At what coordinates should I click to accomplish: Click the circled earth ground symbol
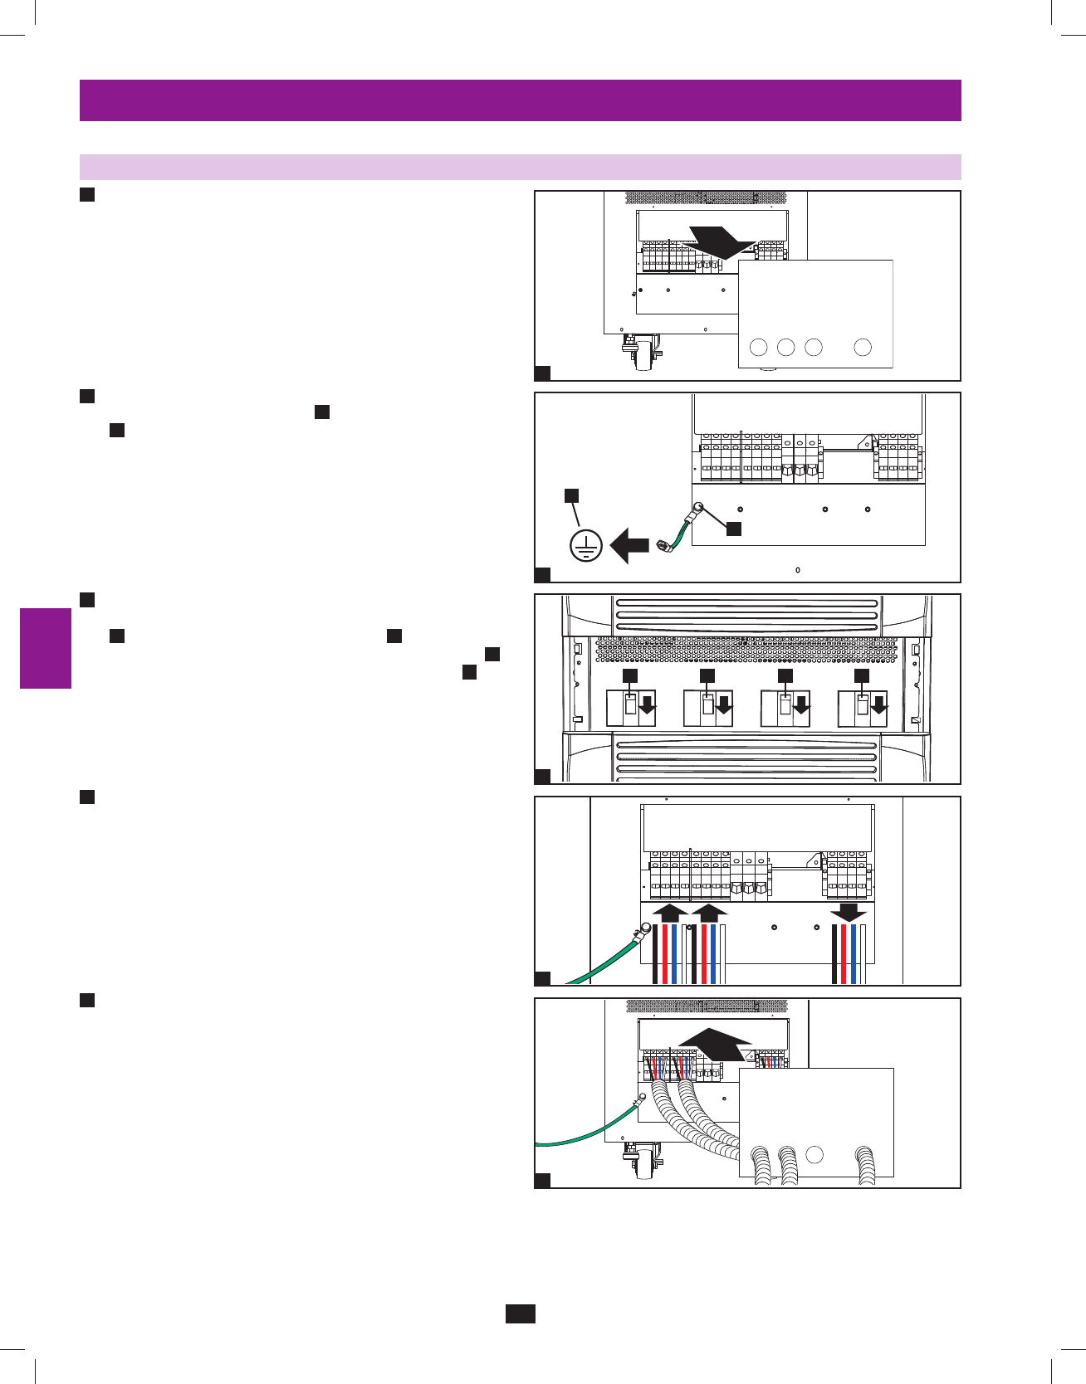pos(586,546)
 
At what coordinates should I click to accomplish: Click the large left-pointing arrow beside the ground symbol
pos(629,547)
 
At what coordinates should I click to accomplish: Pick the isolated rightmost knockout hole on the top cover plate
pos(863,347)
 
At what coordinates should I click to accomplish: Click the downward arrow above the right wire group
pos(848,913)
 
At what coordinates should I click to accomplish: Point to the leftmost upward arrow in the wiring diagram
pos(670,913)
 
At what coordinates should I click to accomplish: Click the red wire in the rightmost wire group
pos(844,953)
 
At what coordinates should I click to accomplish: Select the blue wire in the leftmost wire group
pos(674,953)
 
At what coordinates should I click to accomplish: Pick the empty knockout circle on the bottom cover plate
pos(814,1154)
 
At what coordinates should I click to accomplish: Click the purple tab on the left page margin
pos(46,648)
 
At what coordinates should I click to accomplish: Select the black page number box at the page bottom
pos(520,1313)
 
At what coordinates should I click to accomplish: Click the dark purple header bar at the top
pos(520,100)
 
